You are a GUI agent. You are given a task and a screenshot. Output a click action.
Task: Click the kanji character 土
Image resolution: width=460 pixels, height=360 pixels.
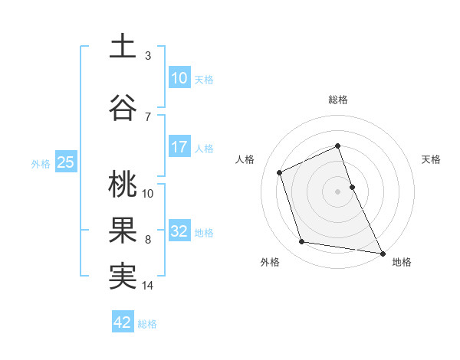coord(123,46)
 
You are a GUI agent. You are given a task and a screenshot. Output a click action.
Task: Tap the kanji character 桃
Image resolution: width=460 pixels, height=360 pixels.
coord(123,184)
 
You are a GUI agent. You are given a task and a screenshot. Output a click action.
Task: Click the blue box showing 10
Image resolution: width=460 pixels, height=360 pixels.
coord(179,78)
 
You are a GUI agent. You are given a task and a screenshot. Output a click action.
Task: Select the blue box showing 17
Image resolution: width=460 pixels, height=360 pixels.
coord(179,147)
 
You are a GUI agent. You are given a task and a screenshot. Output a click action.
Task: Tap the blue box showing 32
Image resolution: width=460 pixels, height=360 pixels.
coord(179,231)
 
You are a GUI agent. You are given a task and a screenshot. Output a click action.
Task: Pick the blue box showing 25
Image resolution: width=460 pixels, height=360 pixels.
coord(65,162)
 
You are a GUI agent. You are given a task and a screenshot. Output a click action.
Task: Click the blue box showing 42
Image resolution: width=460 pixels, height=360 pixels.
coord(123,322)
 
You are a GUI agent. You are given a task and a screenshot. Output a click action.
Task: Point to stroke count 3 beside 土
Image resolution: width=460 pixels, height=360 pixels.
coord(148,56)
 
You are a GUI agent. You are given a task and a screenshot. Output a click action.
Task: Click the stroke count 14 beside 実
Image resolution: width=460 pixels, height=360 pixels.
coord(148,286)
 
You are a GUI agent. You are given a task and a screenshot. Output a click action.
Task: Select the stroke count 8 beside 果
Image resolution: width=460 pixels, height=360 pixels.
coord(148,240)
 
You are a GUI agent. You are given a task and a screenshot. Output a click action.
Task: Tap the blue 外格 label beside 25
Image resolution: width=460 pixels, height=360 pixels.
coord(41,163)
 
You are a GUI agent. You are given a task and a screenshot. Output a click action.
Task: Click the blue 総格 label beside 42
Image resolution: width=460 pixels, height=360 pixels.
coord(147,323)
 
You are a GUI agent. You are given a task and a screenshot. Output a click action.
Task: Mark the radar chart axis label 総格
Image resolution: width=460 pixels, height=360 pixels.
coord(338,100)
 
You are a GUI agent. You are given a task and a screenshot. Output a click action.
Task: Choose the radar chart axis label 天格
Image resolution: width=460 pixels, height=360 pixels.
coord(431,159)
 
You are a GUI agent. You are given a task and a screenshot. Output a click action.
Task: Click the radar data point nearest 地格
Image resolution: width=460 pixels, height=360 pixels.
coord(383,253)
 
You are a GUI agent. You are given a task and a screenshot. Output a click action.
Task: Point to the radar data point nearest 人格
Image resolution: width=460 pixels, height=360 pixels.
coord(280,172)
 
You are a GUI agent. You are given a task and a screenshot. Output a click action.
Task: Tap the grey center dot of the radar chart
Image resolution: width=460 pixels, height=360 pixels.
coord(338,191)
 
